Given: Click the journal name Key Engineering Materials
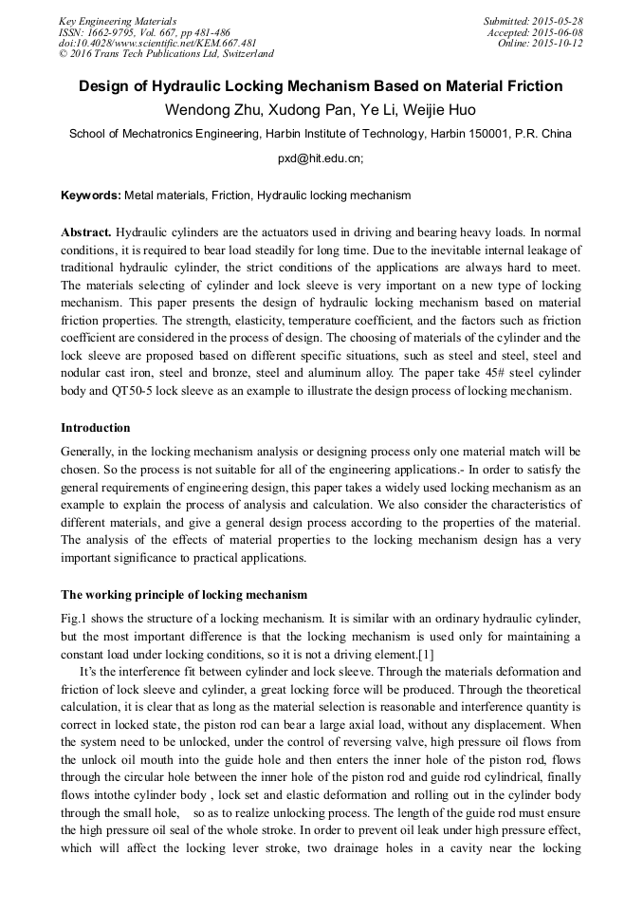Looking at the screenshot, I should click(118, 21).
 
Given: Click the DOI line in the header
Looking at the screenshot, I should click(157, 44).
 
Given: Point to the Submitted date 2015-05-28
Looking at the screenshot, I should click(560, 21).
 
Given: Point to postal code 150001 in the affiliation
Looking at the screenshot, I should click(487, 134).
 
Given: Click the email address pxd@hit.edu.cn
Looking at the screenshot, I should click(320, 159).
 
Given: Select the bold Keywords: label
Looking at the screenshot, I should click(91, 195).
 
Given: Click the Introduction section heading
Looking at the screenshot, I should click(96, 428).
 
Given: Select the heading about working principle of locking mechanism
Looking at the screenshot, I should click(184, 595).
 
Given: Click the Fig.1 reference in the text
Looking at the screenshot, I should click(74, 618).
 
